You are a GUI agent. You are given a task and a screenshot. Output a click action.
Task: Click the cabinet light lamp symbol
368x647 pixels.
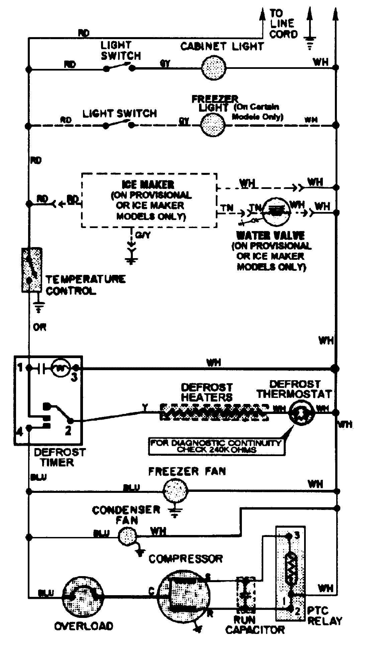pyautogui.click(x=214, y=68)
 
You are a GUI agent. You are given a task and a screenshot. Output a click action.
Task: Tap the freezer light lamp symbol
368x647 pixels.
pyautogui.click(x=213, y=125)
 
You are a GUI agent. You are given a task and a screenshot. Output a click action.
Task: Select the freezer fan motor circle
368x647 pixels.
pyautogui.click(x=175, y=491)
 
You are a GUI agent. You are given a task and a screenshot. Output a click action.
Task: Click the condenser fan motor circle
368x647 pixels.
pyautogui.click(x=127, y=536)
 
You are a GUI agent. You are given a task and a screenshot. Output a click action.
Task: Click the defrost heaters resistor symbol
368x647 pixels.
pyautogui.click(x=214, y=412)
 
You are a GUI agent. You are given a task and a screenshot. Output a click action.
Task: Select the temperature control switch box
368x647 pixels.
pyautogui.click(x=31, y=269)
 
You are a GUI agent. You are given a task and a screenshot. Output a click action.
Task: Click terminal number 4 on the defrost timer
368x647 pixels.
pyautogui.click(x=20, y=432)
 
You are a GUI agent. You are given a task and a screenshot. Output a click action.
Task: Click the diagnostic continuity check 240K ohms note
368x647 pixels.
pyautogui.click(x=216, y=446)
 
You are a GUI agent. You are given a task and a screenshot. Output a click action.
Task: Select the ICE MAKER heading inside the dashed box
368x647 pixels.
pyautogui.click(x=148, y=184)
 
